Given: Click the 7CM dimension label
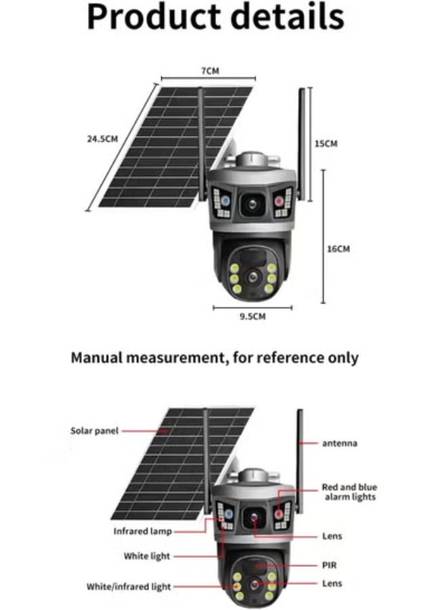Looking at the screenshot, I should click(211, 70).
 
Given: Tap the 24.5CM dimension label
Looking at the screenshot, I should click(102, 138).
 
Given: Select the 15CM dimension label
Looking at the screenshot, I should click(326, 143).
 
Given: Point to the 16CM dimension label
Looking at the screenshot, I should click(338, 249).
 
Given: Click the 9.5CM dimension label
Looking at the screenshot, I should click(252, 317).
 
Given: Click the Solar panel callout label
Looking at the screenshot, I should click(94, 430).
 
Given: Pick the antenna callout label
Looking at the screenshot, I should click(339, 443).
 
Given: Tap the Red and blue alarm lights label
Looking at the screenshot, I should click(349, 492).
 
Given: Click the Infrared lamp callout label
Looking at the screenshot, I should click(142, 531).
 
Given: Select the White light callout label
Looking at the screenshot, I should click(147, 556).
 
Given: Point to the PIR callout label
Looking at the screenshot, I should click(331, 563).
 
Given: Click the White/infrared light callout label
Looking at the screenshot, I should click(129, 586).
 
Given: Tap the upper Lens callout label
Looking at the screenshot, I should click(332, 536).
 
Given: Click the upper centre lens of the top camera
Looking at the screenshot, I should click(251, 202).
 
